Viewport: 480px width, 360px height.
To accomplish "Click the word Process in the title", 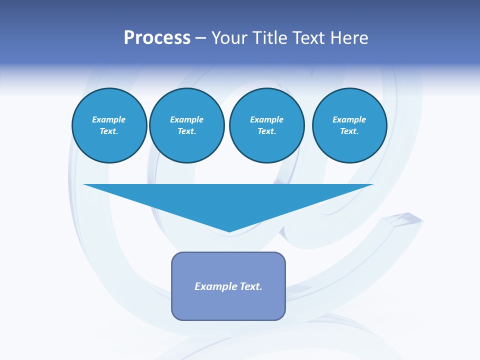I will point(157,38).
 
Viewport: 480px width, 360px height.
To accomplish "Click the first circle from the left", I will point(109,125).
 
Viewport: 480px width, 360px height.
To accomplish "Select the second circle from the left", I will point(186,125).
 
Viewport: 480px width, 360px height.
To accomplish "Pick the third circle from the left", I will point(266,125).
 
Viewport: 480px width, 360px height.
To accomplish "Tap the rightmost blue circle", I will point(349,125).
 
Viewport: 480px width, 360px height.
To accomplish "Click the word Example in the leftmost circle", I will point(109,119).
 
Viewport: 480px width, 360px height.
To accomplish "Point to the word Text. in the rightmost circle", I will point(349,131).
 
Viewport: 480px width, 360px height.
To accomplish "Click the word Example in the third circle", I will point(266,119).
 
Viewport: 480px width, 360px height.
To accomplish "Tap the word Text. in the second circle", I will point(186,131).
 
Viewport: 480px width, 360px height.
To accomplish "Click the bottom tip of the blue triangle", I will point(229,230).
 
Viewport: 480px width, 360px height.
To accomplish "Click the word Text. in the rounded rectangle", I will point(251,286).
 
